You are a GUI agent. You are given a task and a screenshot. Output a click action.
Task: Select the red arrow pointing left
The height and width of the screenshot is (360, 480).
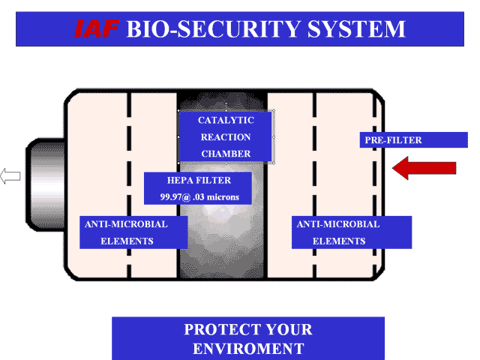tap(424, 169)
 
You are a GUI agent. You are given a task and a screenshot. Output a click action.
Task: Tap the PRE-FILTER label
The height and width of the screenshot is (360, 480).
tap(394, 140)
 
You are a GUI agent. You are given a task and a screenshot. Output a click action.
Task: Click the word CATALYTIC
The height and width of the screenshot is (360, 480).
tap(226, 120)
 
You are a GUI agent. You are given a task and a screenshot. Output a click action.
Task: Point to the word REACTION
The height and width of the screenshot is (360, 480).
tap(226, 137)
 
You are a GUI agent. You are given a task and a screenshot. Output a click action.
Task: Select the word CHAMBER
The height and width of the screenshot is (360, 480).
tap(226, 154)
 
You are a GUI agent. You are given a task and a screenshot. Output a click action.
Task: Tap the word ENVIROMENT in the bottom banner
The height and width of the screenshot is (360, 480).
tap(248, 349)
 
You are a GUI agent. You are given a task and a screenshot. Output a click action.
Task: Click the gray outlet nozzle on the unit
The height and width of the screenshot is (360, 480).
tap(41, 177)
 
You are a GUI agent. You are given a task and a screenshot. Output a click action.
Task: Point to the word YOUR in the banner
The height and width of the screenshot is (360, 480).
tap(286, 330)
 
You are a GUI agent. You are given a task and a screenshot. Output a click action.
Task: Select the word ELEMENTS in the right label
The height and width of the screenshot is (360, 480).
tap(339, 241)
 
